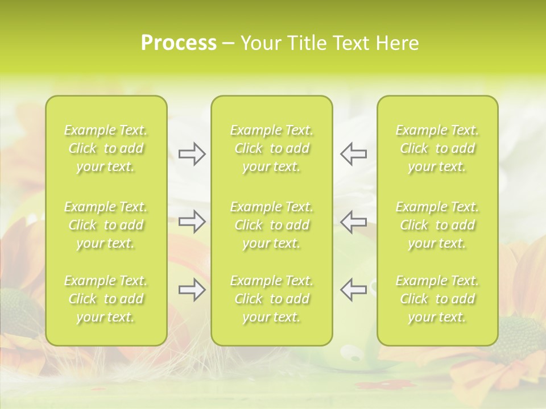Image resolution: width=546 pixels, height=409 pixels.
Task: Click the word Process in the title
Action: coord(179,43)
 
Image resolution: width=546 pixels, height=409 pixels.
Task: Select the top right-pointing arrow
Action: coord(192,153)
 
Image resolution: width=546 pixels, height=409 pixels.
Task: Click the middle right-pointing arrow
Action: coord(192,222)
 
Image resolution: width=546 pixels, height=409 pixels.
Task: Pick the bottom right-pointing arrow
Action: coord(192,290)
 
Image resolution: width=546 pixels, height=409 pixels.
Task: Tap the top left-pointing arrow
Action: coord(353,153)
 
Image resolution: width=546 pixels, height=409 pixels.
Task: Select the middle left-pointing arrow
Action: coord(353,222)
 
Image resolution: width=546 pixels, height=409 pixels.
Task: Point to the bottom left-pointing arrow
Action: coord(353,290)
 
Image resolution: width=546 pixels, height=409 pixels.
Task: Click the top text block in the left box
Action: coord(106,148)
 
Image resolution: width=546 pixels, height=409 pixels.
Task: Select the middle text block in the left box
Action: coord(106,225)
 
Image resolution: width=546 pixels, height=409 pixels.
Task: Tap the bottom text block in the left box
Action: coord(106,299)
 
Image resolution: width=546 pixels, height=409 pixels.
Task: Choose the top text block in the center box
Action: coord(272,148)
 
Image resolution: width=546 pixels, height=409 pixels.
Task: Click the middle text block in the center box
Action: coord(272,225)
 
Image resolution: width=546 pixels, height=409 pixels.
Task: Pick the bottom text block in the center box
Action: coord(272,299)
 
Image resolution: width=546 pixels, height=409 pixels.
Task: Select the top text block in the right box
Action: coord(437,148)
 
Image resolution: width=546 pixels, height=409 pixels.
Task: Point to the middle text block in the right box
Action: coord(437,225)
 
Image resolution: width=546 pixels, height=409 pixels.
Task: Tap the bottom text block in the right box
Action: coord(437,299)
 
